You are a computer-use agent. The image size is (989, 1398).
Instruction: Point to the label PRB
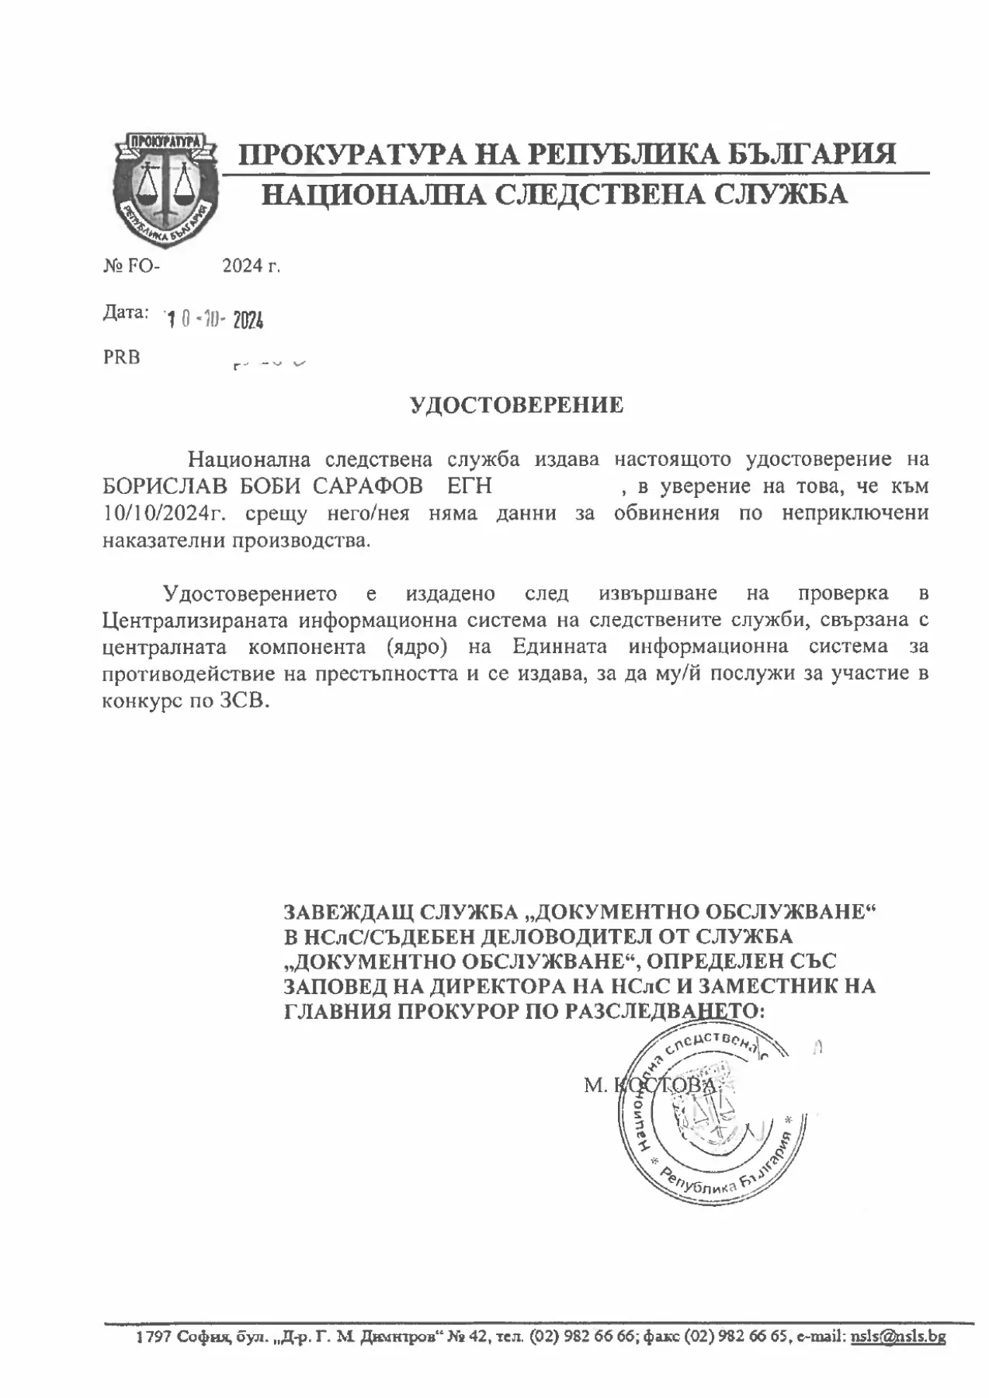(x=122, y=359)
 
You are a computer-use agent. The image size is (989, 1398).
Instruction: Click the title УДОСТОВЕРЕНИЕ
(x=516, y=405)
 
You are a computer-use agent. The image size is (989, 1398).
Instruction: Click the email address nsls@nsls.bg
(x=898, y=1337)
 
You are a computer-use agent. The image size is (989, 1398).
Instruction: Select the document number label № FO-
(x=131, y=266)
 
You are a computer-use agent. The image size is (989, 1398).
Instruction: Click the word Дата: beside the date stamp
(x=125, y=313)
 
